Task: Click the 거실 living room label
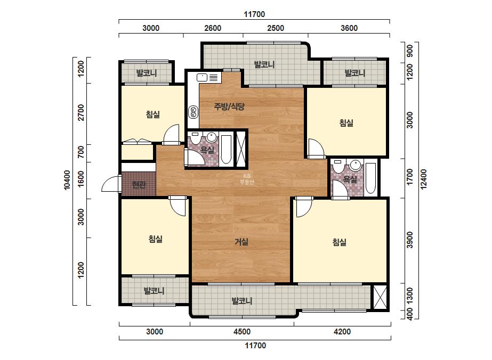coord(241,242)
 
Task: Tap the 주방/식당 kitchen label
coord(229,107)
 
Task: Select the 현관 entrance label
coord(139,185)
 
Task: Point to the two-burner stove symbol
coord(193,112)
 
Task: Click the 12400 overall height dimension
coord(424,179)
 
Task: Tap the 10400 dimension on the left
coord(67,180)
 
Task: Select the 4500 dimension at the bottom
coord(242,331)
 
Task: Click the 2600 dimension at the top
coord(213,28)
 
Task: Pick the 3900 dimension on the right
coord(410,240)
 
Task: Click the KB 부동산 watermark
coord(247,179)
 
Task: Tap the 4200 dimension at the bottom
coord(342,331)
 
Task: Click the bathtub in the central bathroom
coord(226,150)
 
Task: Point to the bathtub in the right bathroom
coord(370,178)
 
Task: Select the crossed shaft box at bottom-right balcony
coord(380,297)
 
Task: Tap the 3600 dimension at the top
coord(349,28)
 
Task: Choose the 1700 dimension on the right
coord(410,177)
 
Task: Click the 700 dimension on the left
coord(81,152)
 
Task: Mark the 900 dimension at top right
coord(410,51)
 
